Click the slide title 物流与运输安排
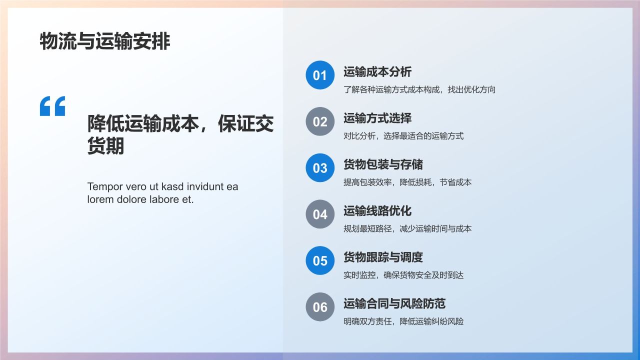click(x=105, y=42)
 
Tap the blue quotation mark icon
click(x=52, y=106)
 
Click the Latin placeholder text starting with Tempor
click(x=162, y=193)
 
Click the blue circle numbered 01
click(x=320, y=75)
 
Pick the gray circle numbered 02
click(x=320, y=121)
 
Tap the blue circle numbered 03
click(x=320, y=168)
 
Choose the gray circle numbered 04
click(x=320, y=214)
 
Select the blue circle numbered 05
click(x=320, y=260)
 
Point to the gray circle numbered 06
click(x=320, y=307)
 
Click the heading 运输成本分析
click(x=377, y=72)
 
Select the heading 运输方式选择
click(x=377, y=118)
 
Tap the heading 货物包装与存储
click(x=383, y=164)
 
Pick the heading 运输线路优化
click(x=377, y=211)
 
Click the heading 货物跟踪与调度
click(x=383, y=257)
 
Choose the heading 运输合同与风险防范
click(x=394, y=303)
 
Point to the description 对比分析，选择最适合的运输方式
click(x=403, y=136)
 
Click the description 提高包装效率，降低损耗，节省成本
click(x=407, y=182)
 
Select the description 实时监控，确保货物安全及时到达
click(x=403, y=275)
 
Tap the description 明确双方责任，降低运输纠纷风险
click(x=403, y=321)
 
